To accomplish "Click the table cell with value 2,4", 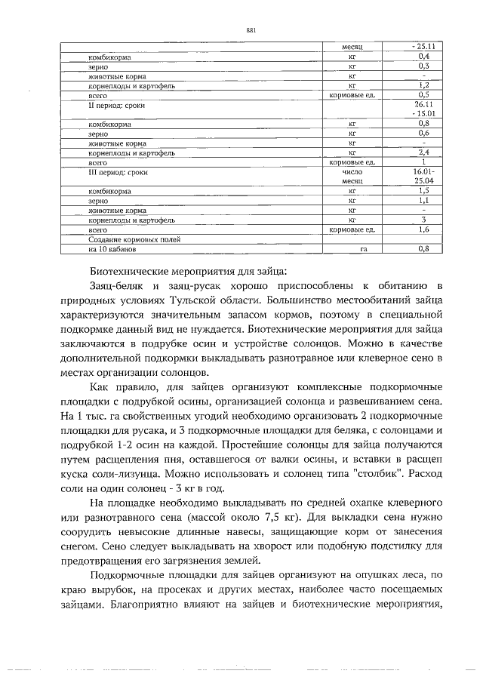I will point(424,152).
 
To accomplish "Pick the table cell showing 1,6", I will point(424,229).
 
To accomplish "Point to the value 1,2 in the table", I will point(424,86).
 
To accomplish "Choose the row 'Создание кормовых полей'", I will point(128,239).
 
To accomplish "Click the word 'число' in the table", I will point(352,172).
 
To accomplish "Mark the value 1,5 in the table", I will point(424,192).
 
